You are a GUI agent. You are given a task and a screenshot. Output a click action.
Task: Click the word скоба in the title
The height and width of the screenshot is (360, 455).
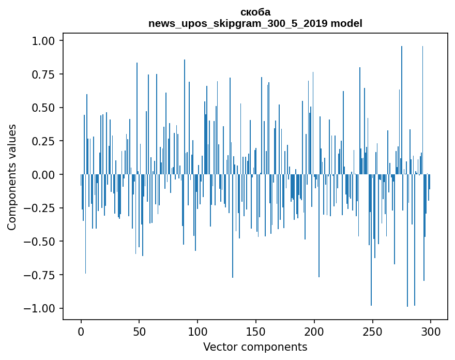pos(255,12)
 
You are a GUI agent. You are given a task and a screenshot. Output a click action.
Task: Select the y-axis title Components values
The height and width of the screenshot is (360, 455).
pos(12,177)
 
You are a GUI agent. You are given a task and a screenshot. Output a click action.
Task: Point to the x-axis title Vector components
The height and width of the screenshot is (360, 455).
pos(255,347)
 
